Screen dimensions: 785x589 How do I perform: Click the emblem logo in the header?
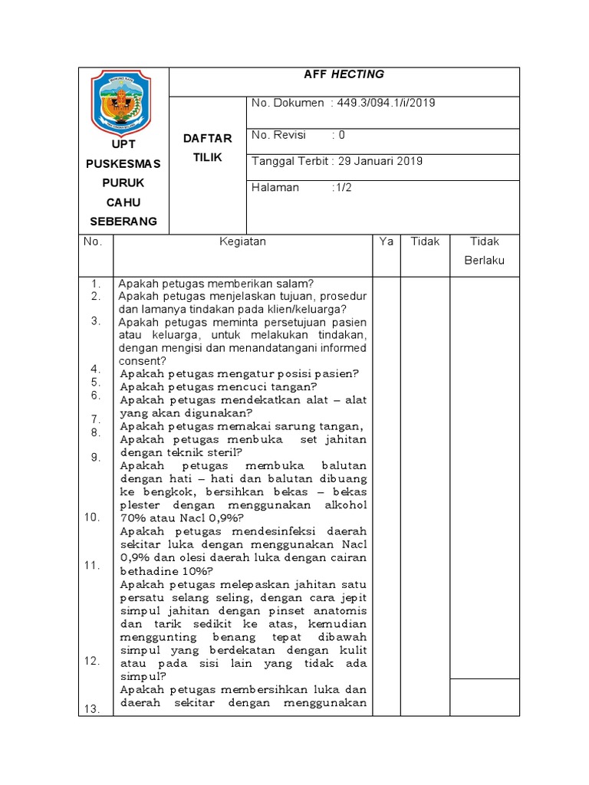(x=123, y=100)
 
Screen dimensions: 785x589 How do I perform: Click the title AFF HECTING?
(x=344, y=74)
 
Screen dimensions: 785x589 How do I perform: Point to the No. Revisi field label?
(x=278, y=135)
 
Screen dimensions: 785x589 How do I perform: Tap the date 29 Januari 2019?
(x=380, y=161)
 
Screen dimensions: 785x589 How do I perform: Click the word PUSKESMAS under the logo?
(x=123, y=164)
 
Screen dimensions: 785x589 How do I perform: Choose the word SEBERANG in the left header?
(x=123, y=221)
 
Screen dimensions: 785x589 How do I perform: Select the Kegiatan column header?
(x=242, y=241)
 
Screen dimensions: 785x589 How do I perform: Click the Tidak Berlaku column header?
(x=485, y=251)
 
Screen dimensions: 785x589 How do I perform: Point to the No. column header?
(x=93, y=241)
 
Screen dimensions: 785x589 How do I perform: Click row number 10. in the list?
(x=93, y=517)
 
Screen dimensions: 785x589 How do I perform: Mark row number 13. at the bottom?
(x=93, y=709)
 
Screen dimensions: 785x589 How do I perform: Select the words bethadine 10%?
(x=163, y=571)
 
